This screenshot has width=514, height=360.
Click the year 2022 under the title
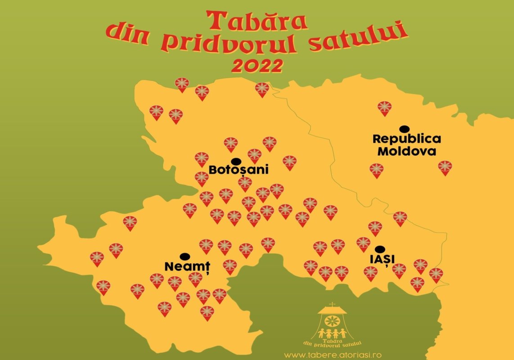click(x=257, y=66)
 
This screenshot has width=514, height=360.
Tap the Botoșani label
click(x=239, y=170)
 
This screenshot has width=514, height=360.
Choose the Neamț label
click(x=188, y=266)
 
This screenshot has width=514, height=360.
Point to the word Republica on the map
click(x=407, y=139)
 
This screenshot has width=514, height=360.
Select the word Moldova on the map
click(x=407, y=151)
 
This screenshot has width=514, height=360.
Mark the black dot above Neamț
click(x=184, y=256)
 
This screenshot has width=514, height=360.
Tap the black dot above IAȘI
click(x=380, y=248)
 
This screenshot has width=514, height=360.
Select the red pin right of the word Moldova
click(x=445, y=167)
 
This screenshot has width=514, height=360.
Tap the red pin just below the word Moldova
click(x=376, y=170)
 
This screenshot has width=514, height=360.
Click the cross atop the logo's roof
click(x=332, y=305)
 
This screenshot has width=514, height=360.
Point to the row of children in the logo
click(x=332, y=333)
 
